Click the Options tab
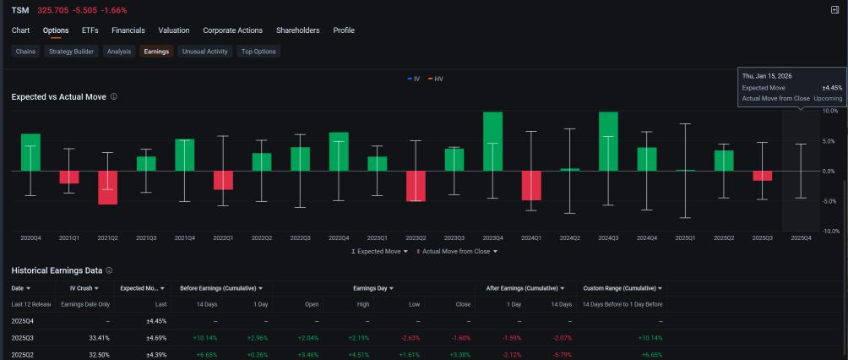(56, 30)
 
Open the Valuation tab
(174, 30)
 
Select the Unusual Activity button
(205, 52)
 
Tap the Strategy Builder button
(72, 52)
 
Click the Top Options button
(258, 52)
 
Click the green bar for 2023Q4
(492, 141)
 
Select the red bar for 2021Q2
(107, 188)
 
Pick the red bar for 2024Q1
(531, 186)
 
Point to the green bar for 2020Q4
(30, 152)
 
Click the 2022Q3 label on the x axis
(300, 237)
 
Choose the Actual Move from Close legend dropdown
(456, 251)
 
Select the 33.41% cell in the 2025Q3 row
(99, 338)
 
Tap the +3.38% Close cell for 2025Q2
(459, 355)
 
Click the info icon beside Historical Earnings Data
(109, 270)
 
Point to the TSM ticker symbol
(20, 10)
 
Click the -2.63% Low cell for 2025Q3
(410, 338)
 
